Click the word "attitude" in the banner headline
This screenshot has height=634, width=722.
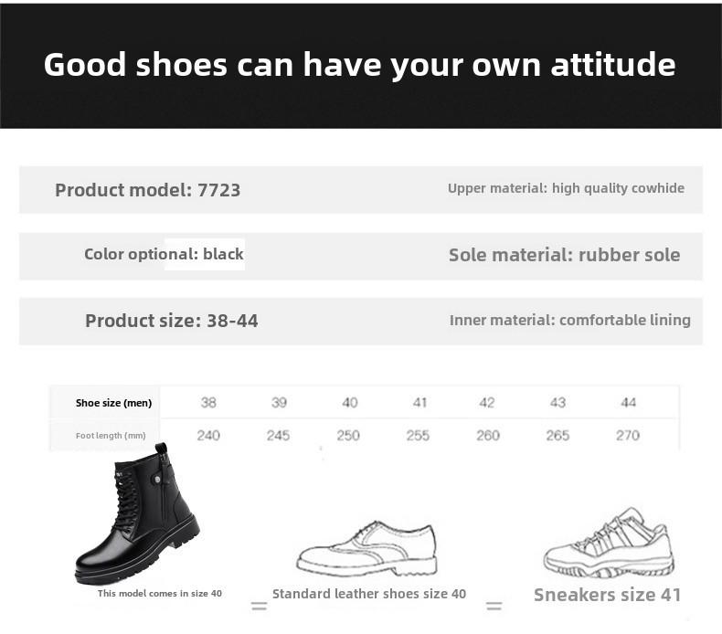613,64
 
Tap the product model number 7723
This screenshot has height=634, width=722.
218,190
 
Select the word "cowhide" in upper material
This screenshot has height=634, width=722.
657,188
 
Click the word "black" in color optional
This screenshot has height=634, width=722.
223,254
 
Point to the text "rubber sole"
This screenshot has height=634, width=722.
629,255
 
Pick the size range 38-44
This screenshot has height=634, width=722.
232,321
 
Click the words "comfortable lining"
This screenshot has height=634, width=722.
625,320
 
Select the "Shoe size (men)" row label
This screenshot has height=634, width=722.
113,403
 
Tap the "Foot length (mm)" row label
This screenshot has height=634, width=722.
111,436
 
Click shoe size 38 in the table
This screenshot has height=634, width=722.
208,403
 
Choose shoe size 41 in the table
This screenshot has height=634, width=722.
419,403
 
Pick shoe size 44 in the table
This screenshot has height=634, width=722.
628,403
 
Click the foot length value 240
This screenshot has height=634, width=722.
208,436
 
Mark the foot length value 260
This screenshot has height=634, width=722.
488,436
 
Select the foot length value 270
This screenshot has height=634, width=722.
628,436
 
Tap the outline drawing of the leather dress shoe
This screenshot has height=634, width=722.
366,549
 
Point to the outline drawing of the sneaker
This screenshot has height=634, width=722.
609,544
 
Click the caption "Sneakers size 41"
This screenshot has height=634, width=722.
608,595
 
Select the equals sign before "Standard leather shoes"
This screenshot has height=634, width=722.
260,606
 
